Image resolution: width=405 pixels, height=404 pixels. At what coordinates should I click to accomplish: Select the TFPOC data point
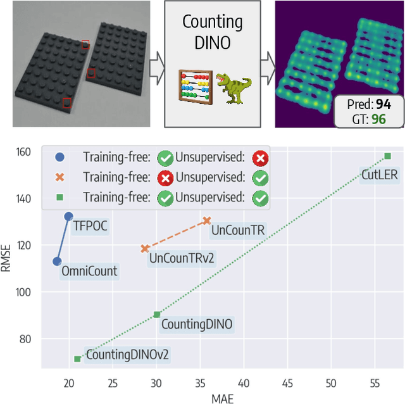click(x=68, y=216)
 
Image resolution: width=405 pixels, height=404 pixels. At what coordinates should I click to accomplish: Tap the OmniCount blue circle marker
click(x=57, y=261)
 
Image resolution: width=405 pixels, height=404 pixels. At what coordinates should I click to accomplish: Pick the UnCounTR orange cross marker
click(x=207, y=220)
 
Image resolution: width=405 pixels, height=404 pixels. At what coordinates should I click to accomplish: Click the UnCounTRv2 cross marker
click(x=145, y=249)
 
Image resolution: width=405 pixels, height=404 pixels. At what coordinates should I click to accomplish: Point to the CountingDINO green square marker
click(x=157, y=315)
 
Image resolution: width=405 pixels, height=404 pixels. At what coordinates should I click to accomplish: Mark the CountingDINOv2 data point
click(x=77, y=358)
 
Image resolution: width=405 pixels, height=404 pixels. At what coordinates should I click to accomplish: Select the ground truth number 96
click(x=378, y=118)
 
